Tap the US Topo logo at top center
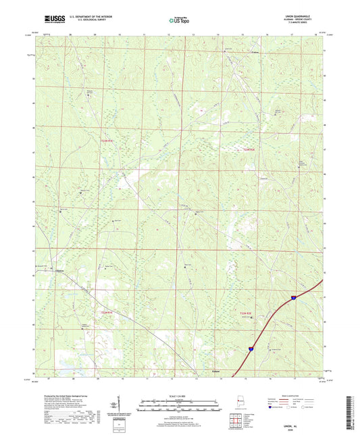pyautogui.click(x=180, y=21)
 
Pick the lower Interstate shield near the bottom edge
pyautogui.click(x=250, y=349)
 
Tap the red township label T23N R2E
pyautogui.click(x=249, y=150)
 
